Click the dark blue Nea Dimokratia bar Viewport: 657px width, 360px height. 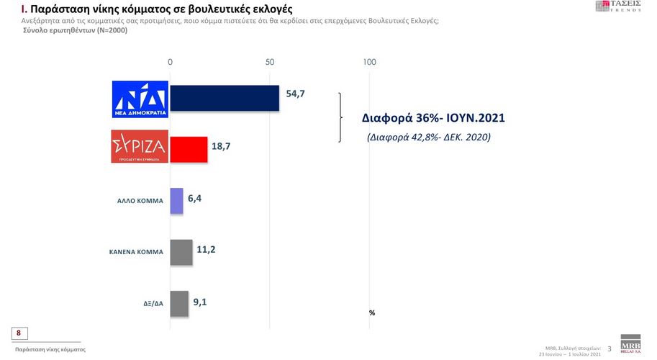point(225,98)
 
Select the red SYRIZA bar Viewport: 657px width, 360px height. point(189,150)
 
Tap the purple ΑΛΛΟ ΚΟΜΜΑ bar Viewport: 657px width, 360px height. point(176,201)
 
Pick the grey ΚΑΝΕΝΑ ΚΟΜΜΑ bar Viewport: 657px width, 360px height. point(181,252)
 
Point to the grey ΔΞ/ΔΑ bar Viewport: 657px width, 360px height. point(179,303)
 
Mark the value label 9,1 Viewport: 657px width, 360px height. point(201,302)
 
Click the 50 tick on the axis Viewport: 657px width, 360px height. point(271,63)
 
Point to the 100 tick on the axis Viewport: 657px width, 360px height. point(370,63)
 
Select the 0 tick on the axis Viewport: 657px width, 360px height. point(170,63)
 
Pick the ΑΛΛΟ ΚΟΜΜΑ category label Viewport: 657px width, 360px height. point(140,202)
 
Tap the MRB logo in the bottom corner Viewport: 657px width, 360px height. point(630,343)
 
